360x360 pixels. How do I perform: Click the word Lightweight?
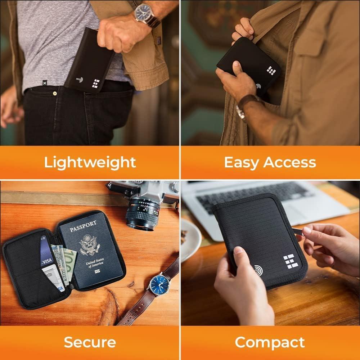pyautogui.click(x=90, y=162)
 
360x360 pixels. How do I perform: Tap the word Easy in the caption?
pyautogui.click(x=241, y=162)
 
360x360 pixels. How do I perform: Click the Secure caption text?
pyautogui.click(x=90, y=342)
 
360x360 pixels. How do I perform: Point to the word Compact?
pyautogui.click(x=270, y=342)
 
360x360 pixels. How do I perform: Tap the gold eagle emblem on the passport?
pyautogui.click(x=89, y=245)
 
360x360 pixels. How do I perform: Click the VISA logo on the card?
pyautogui.click(x=47, y=260)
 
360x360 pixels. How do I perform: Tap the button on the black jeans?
pyautogui.click(x=55, y=94)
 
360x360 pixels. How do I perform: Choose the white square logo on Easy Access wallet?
pyautogui.click(x=271, y=71)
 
